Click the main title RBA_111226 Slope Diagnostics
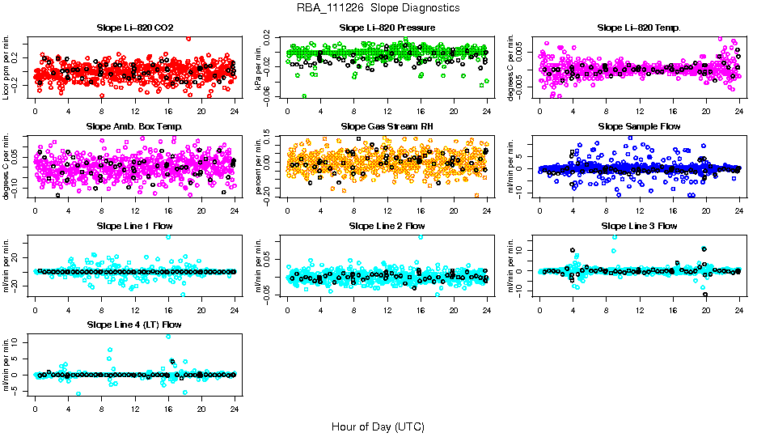click(x=378, y=7)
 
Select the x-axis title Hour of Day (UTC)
click(x=378, y=426)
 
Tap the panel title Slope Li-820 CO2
click(x=134, y=28)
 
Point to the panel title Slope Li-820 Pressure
click(x=387, y=28)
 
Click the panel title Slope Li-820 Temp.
click(x=639, y=28)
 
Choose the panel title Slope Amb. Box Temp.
click(x=134, y=126)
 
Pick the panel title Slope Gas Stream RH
click(x=387, y=126)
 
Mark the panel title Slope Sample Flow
click(x=639, y=126)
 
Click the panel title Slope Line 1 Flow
click(x=134, y=226)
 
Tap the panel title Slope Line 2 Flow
click(x=387, y=226)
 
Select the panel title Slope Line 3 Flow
click(x=639, y=226)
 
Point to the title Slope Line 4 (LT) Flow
click(x=134, y=325)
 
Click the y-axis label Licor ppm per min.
click(x=7, y=66)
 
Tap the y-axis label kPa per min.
click(x=260, y=66)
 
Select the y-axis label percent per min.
click(x=260, y=166)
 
